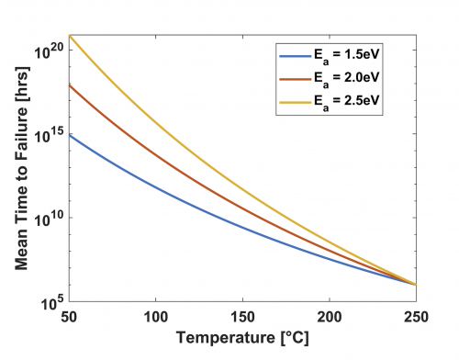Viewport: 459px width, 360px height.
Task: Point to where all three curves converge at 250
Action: [416, 285]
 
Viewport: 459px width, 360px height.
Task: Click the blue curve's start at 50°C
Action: [71, 135]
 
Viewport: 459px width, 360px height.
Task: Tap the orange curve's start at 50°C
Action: [71, 85]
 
